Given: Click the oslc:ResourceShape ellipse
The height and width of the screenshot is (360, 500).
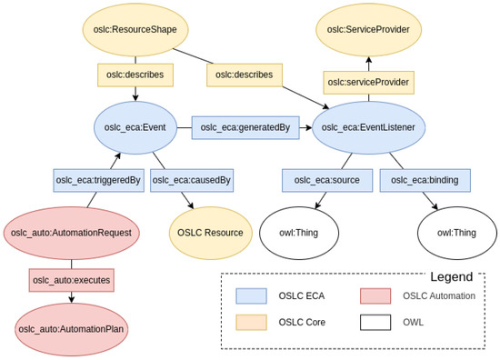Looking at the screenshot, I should tap(135, 30).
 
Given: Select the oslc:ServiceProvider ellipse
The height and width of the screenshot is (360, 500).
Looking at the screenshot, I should tap(369, 30).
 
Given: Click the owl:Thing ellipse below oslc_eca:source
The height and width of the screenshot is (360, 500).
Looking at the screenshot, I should tap(299, 232).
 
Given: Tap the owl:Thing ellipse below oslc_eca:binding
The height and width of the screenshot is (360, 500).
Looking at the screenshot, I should tap(456, 232).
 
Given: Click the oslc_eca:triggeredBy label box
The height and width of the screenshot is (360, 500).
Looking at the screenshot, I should tap(97, 180).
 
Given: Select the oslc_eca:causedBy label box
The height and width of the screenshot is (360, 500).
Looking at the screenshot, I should tap(191, 180).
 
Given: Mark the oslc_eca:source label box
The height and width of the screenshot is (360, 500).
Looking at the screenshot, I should tap(326, 180).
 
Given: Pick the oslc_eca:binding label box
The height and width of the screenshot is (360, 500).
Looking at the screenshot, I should tap(425, 180).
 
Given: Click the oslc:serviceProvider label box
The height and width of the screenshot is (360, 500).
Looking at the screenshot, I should tap(368, 83).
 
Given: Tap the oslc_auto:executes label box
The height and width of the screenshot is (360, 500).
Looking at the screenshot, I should tap(72, 280).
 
